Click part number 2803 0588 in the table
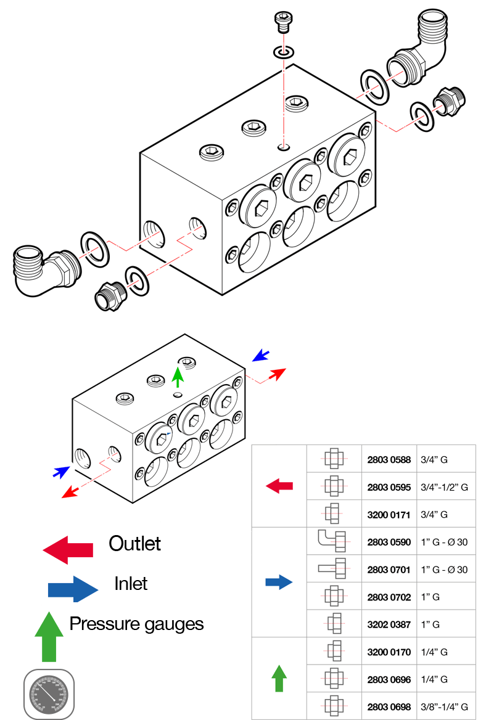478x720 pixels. click(389, 459)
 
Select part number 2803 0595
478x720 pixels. click(389, 487)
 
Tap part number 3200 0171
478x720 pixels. click(389, 514)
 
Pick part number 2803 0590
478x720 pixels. click(389, 542)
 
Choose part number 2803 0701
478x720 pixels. click(389, 570)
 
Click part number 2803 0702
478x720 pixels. click(389, 597)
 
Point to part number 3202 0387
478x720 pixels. click(389, 624)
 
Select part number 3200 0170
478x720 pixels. click(389, 652)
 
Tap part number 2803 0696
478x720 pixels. click(389, 679)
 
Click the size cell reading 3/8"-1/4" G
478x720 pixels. click(445, 706)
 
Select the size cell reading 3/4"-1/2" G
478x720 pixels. click(445, 487)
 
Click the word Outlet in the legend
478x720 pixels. click(134, 544)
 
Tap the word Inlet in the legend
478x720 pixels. click(131, 583)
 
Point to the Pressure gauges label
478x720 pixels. click(136, 624)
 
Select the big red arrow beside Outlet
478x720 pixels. click(68, 548)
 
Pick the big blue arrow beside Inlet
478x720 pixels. click(73, 589)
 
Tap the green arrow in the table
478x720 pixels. click(279, 679)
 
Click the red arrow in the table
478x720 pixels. click(279, 486)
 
